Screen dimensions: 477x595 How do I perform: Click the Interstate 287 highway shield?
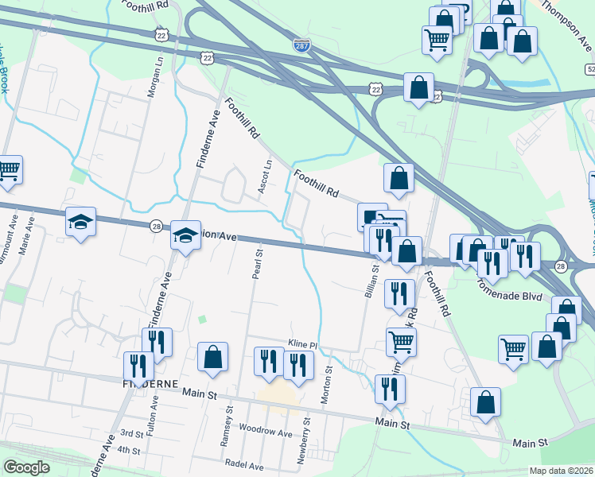(x=301, y=47)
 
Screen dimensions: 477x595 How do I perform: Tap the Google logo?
(x=26, y=467)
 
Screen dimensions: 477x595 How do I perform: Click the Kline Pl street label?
(x=302, y=344)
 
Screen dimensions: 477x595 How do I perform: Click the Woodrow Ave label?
(x=266, y=432)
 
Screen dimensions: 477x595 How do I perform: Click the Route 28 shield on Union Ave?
(x=156, y=227)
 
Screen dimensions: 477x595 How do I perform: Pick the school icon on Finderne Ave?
(x=185, y=236)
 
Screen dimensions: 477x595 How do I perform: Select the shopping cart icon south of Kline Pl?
(x=401, y=342)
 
